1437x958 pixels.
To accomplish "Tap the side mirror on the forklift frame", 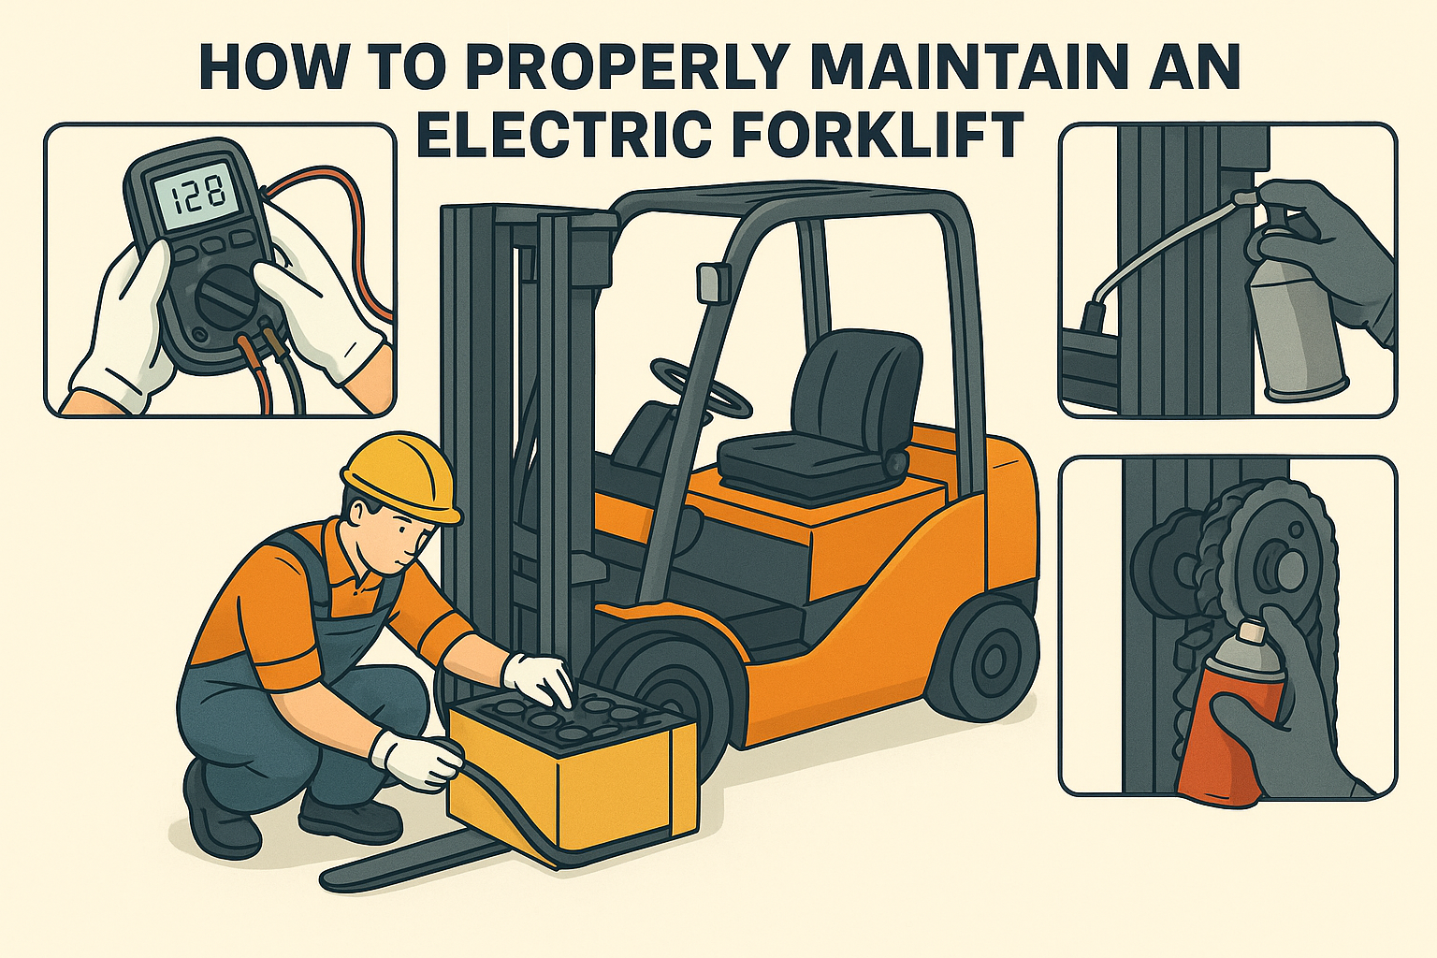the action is [709, 285].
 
